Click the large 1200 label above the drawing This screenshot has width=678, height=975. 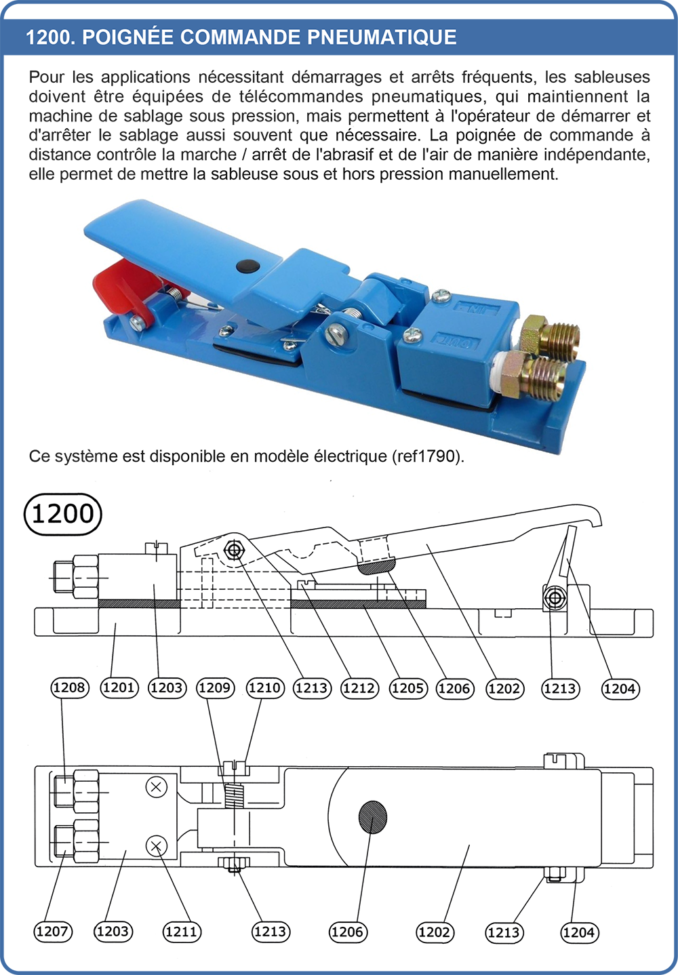pos(62,514)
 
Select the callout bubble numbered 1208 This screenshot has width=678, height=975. pos(70,688)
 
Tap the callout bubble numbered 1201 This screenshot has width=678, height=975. pos(119,688)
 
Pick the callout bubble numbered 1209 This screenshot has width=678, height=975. pos(215,688)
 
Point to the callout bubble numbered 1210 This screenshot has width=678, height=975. pos(264,688)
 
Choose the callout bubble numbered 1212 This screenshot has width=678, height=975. pos(359,689)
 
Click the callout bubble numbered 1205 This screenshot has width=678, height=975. pos(407,689)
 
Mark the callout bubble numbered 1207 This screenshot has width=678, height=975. pos(53,932)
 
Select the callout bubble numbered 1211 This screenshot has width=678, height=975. pos(182,932)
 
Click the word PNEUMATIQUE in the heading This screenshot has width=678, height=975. pos(382,37)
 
